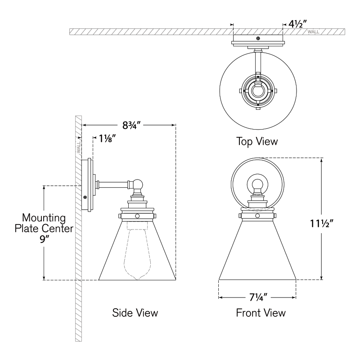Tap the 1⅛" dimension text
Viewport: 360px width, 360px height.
[x=107, y=139]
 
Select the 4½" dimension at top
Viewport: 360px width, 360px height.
[x=297, y=24]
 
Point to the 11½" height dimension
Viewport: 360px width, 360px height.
[x=321, y=223]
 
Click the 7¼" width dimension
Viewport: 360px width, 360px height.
[x=258, y=297]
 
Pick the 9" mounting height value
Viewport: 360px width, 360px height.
[x=43, y=239]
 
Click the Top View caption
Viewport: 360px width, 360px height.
[x=257, y=141]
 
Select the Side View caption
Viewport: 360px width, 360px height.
[x=135, y=313]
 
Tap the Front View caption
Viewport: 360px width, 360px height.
[x=261, y=313]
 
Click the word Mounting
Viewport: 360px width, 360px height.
[x=44, y=218]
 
